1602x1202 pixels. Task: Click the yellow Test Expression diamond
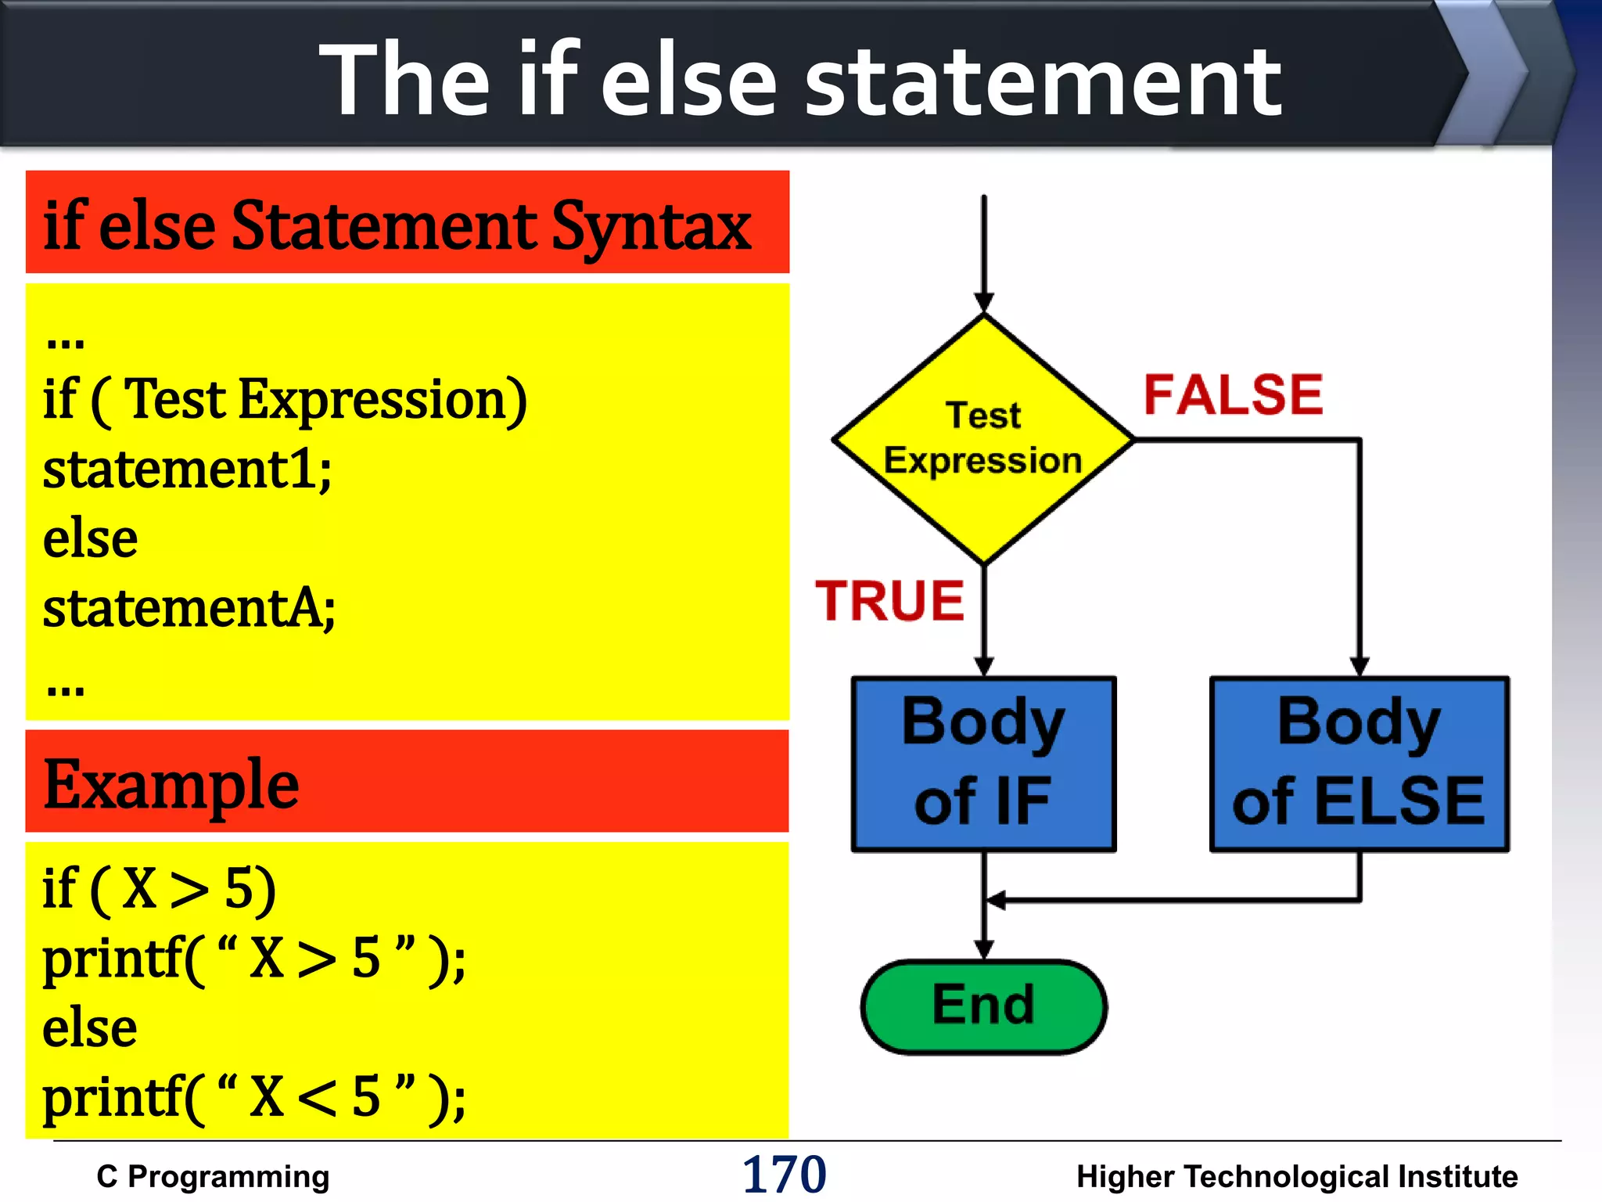[983, 439]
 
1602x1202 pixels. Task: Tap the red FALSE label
[1233, 394]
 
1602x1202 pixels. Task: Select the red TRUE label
[889, 601]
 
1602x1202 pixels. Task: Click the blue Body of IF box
[983, 763]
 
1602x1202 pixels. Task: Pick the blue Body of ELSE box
[1359, 763]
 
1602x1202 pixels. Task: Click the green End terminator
[983, 1006]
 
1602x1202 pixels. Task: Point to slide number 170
[784, 1175]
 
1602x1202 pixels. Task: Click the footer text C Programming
[213, 1177]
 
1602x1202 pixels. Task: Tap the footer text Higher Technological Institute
[1296, 1177]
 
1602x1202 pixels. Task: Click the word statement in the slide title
[1043, 81]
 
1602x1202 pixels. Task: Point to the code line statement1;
[188, 470]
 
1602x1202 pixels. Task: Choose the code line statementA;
[189, 609]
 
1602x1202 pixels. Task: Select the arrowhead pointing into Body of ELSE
[1360, 666]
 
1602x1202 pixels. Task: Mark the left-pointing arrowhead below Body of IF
[996, 901]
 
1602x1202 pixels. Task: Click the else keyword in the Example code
[90, 1028]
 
